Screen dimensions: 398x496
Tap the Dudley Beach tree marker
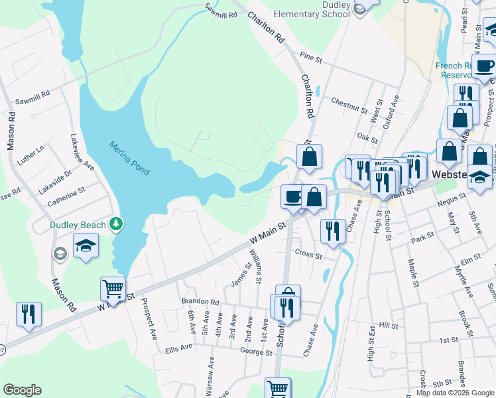117,224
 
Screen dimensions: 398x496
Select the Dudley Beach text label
78,225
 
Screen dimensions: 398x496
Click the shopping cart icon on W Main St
113,289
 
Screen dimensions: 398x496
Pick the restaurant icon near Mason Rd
29,313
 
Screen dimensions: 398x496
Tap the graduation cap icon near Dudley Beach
86,246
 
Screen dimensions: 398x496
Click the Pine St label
310,59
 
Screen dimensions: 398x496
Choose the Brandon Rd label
200,301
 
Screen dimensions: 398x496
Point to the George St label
257,353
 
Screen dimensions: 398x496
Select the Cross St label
308,255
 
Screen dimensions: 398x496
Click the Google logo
22,390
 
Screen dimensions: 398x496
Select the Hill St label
388,326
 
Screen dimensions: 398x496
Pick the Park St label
422,235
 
